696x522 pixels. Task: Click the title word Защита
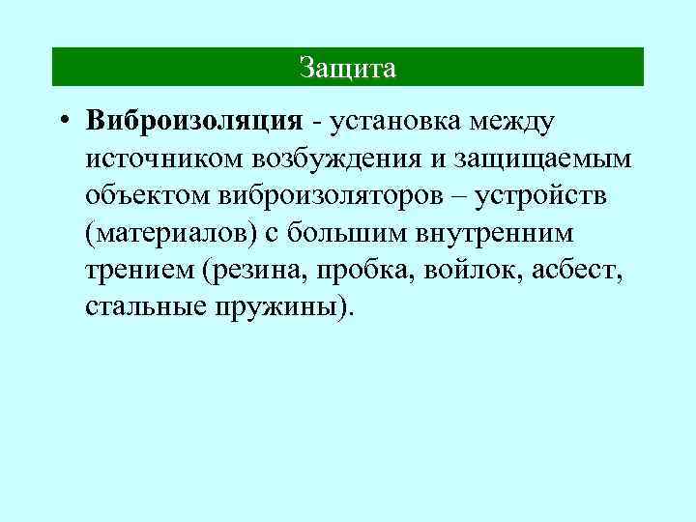(x=347, y=68)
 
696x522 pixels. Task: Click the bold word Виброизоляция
(x=194, y=121)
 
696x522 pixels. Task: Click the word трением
(x=139, y=269)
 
